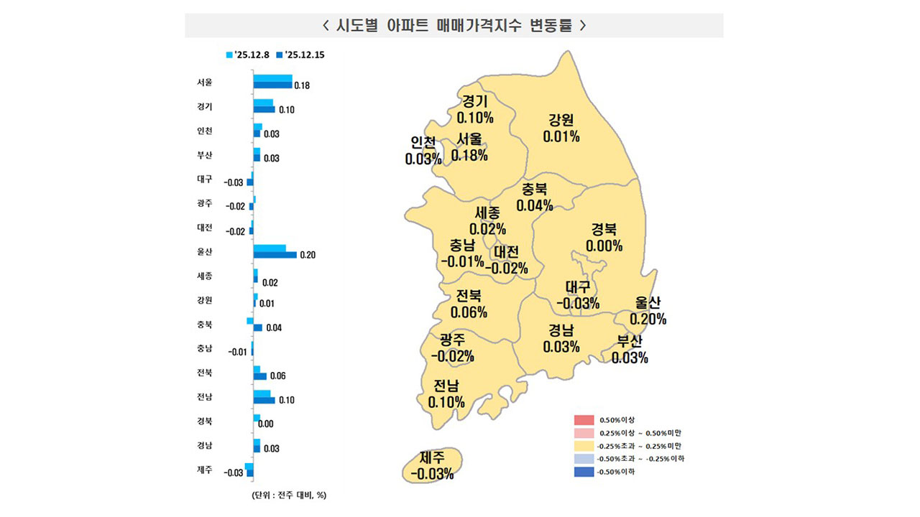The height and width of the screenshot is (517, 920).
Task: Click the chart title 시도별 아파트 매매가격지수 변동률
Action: (x=454, y=25)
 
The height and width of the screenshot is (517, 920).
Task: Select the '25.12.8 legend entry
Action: (x=248, y=54)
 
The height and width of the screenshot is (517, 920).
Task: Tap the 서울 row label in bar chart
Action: (x=204, y=82)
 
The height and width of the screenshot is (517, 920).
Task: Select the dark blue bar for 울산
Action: (x=275, y=254)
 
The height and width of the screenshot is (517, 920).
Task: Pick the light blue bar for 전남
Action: (x=262, y=393)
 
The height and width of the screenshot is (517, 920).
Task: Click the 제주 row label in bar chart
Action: (x=204, y=470)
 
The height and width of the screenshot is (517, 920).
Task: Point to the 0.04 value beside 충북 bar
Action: (x=273, y=327)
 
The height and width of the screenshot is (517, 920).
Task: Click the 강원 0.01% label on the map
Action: (x=561, y=128)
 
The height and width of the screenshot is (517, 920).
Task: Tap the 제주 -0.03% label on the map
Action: (x=432, y=465)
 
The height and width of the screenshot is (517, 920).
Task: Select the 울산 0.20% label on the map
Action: (x=648, y=311)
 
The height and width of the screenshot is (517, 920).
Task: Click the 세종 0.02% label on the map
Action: (x=487, y=221)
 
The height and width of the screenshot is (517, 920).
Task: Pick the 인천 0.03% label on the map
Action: (x=423, y=151)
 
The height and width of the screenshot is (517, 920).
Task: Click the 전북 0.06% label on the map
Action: (x=469, y=304)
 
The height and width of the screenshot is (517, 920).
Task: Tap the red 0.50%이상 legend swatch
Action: (x=584, y=420)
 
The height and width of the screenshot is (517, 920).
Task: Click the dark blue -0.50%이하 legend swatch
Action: (x=584, y=472)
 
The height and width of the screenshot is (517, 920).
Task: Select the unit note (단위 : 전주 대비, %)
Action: (x=289, y=495)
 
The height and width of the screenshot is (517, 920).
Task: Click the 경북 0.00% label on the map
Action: (x=604, y=238)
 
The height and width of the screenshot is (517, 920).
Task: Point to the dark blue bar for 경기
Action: (x=264, y=109)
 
